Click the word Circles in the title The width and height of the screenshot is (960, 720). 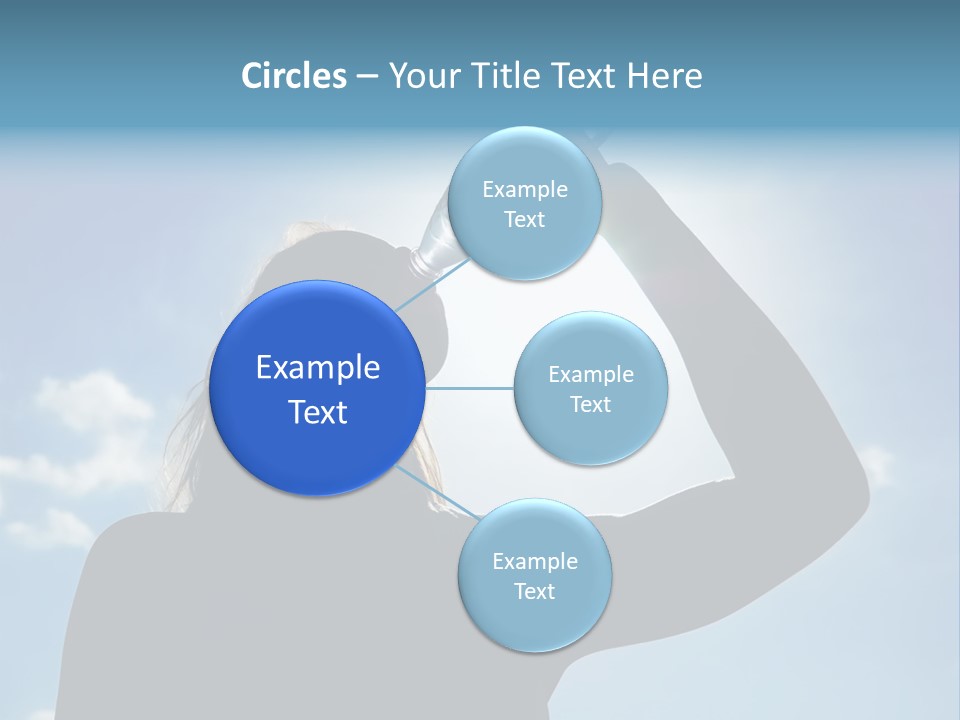(294, 76)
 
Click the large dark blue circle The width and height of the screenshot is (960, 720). (317, 388)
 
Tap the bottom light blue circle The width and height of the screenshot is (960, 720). (534, 620)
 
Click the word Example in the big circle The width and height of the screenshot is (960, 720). (318, 367)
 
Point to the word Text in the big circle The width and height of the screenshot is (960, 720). (318, 412)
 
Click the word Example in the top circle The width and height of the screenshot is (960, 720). (524, 189)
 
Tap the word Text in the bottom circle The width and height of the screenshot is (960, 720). (534, 591)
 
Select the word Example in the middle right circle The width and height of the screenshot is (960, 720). (590, 374)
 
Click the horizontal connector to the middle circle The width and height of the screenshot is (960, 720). (469, 388)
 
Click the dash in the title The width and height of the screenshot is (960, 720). (366, 77)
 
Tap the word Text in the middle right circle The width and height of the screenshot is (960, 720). (590, 404)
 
